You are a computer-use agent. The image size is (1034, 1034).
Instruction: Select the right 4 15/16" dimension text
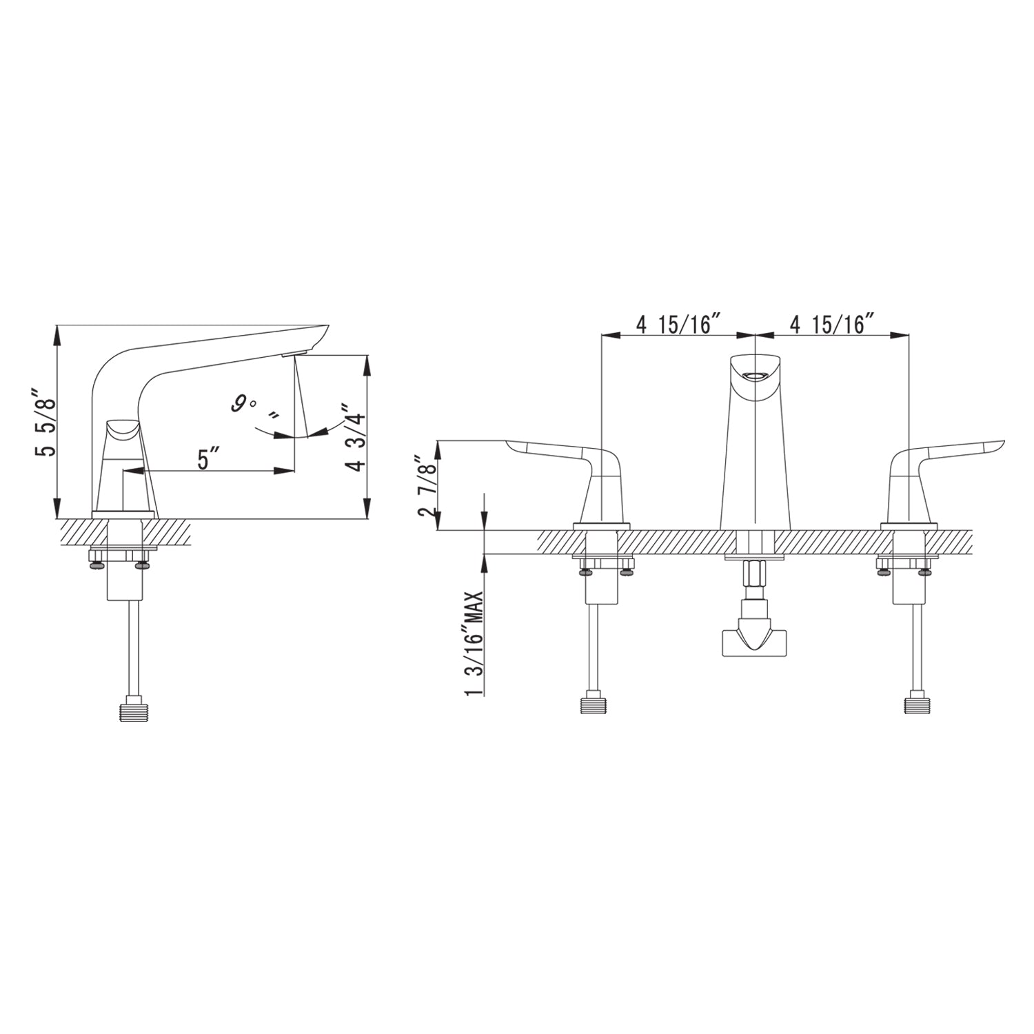click(x=832, y=324)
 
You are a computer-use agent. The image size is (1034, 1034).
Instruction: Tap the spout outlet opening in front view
click(x=756, y=376)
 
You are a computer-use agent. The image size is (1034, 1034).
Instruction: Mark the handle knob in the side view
click(x=122, y=431)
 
